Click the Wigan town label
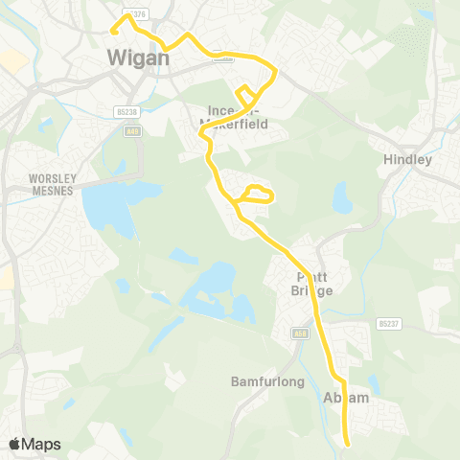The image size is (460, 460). tap(138, 57)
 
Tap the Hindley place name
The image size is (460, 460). tap(407, 160)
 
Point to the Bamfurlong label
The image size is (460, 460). tap(267, 381)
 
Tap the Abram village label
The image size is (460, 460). tap(347, 398)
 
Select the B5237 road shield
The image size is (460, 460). tap(387, 323)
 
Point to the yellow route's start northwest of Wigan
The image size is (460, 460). tap(113, 31)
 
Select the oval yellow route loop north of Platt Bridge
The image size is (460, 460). tap(256, 195)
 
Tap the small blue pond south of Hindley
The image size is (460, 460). tap(342, 198)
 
